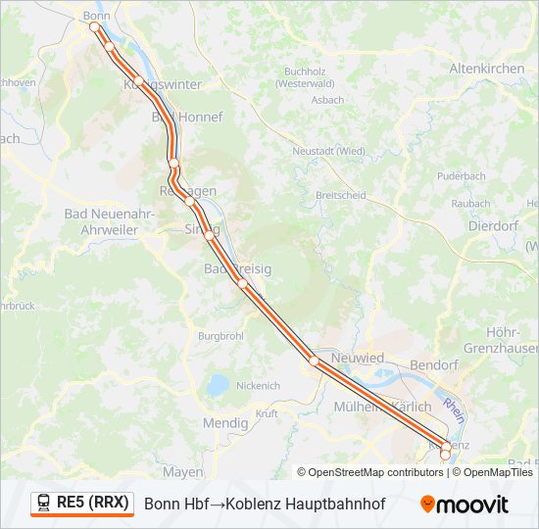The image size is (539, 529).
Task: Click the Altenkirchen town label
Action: click(x=486, y=69)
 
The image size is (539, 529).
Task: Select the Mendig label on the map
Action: click(x=224, y=423)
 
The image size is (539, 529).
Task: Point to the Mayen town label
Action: click(x=183, y=472)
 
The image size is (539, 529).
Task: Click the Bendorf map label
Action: click(x=435, y=364)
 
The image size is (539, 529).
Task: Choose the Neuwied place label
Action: click(x=358, y=359)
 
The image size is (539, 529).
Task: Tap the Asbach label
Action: click(x=327, y=100)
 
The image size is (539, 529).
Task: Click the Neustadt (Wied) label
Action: click(x=328, y=151)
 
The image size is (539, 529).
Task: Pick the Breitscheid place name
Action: click(x=340, y=195)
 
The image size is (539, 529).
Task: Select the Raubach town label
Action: click(x=470, y=203)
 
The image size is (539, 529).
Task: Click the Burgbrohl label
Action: click(x=220, y=336)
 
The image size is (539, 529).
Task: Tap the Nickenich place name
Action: click(x=258, y=385)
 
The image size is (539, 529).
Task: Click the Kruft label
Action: click(x=267, y=413)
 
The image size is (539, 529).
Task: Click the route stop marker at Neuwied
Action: click(x=314, y=361)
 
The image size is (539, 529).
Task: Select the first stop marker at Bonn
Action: click(x=96, y=27)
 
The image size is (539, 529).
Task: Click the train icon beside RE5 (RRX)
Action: click(x=44, y=503)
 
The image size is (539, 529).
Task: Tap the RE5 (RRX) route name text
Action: click(x=92, y=503)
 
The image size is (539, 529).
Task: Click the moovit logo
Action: click(x=465, y=504)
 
